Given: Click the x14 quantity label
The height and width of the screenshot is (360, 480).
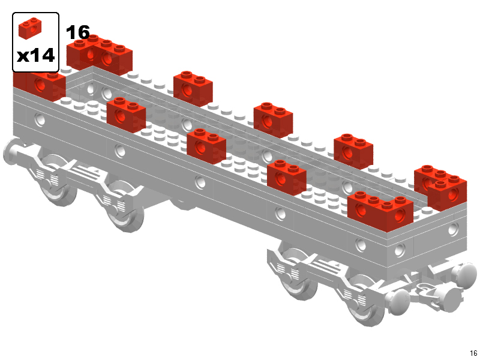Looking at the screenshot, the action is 35,56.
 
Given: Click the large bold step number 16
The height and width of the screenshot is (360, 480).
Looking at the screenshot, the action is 78,32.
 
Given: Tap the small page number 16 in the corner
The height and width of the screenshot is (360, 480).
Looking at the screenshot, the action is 473,353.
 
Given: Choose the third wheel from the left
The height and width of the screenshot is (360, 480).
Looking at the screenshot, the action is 298,275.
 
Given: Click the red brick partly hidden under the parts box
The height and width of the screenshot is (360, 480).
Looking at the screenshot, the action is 39,86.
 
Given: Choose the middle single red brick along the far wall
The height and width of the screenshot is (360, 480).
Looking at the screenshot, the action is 273,119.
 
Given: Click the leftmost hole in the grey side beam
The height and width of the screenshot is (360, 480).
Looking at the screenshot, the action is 40,119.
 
